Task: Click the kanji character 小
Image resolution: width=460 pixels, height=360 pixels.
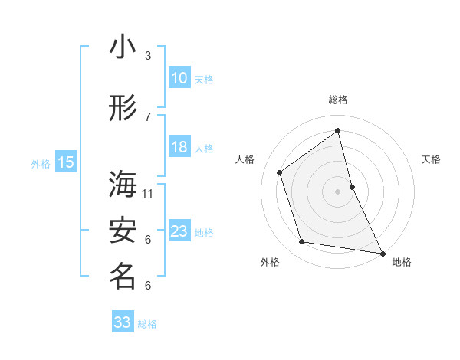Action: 123,47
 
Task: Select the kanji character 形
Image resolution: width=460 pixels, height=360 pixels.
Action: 123,109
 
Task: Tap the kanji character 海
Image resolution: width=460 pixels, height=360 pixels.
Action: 123,184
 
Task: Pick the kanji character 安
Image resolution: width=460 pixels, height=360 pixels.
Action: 123,231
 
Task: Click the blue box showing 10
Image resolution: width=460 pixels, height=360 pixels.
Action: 179,78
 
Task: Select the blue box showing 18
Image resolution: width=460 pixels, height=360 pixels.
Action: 179,148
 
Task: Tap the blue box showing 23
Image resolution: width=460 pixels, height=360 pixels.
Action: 179,231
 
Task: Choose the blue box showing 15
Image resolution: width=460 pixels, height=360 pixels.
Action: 66,162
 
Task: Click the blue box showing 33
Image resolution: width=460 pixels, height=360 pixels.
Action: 123,322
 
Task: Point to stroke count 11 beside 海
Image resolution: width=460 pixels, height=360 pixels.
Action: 148,193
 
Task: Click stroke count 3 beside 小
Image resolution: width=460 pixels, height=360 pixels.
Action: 148,56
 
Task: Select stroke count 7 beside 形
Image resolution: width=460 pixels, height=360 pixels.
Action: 148,116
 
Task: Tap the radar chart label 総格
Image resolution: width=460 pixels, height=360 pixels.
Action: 338,100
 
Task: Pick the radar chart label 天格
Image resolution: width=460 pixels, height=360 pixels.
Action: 432,159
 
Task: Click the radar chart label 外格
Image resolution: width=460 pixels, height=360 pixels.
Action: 270,262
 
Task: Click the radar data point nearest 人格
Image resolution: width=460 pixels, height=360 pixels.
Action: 280,172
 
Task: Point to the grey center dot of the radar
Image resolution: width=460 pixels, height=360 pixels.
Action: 337,191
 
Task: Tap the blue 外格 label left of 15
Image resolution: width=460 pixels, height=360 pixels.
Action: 41,162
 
